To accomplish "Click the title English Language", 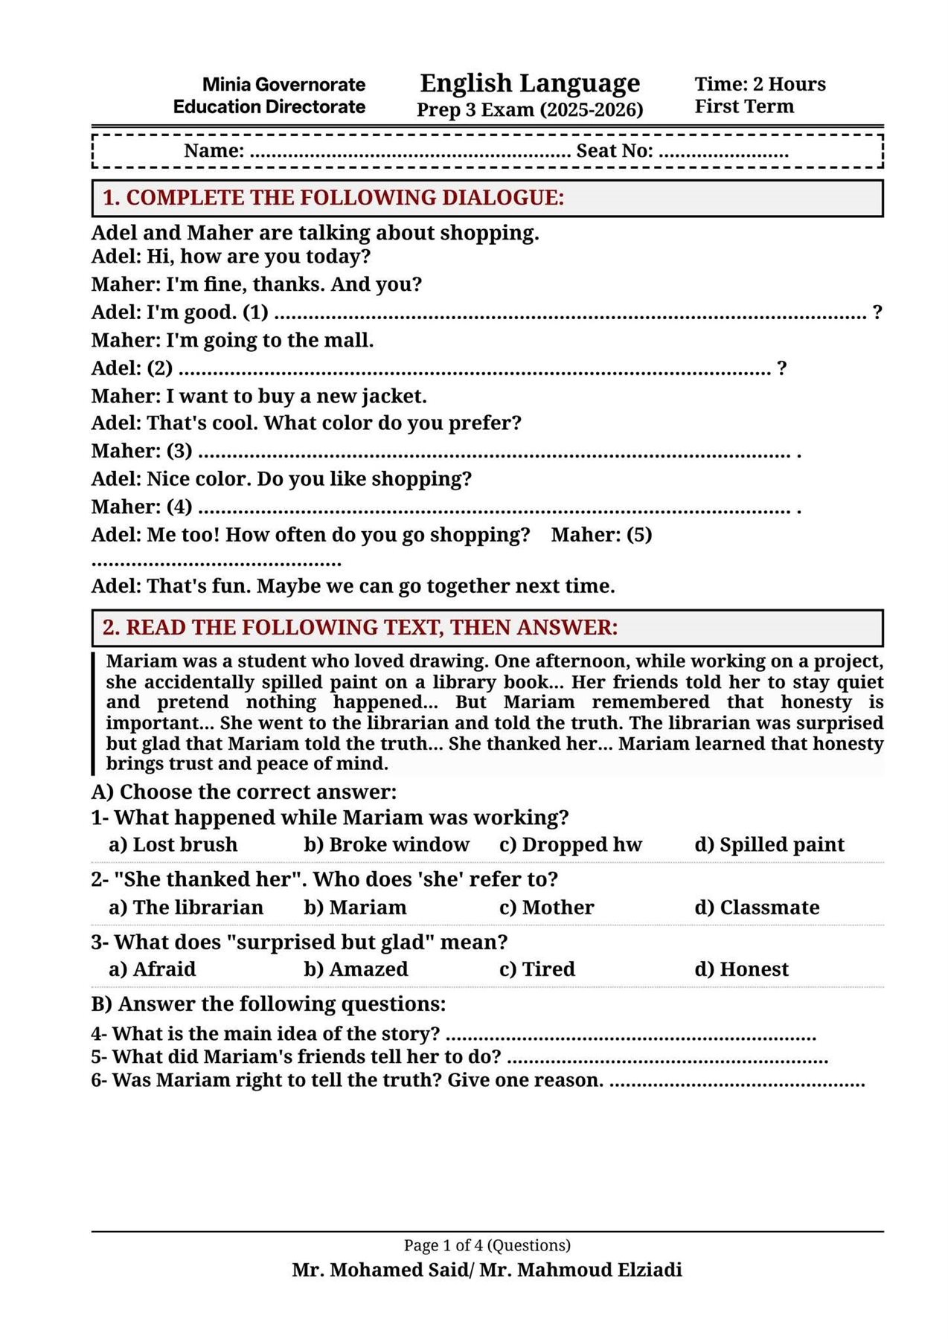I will pos(529,83).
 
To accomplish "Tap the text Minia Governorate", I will pos(284,84).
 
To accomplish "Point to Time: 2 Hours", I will pos(760,84).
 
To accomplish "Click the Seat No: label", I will pos(615,151).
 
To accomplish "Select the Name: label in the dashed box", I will pos(214,151).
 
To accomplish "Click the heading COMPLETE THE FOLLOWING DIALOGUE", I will pos(333,198).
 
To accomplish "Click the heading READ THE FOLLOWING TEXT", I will pos(360,628).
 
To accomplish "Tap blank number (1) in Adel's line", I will pos(255,312).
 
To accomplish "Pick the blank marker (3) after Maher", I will pos(179,451).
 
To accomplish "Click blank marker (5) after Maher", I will pos(638,535).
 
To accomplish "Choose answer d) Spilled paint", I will pos(769,845).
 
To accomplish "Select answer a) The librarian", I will pos(186,908).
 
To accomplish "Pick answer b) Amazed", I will pos(356,969).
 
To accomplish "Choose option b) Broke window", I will pos(386,845).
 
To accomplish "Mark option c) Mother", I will pos(547,908).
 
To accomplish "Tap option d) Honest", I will pos(741,969).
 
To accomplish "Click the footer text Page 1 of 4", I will pos(487,1245).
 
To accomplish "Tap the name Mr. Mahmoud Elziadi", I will pos(580,1270).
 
